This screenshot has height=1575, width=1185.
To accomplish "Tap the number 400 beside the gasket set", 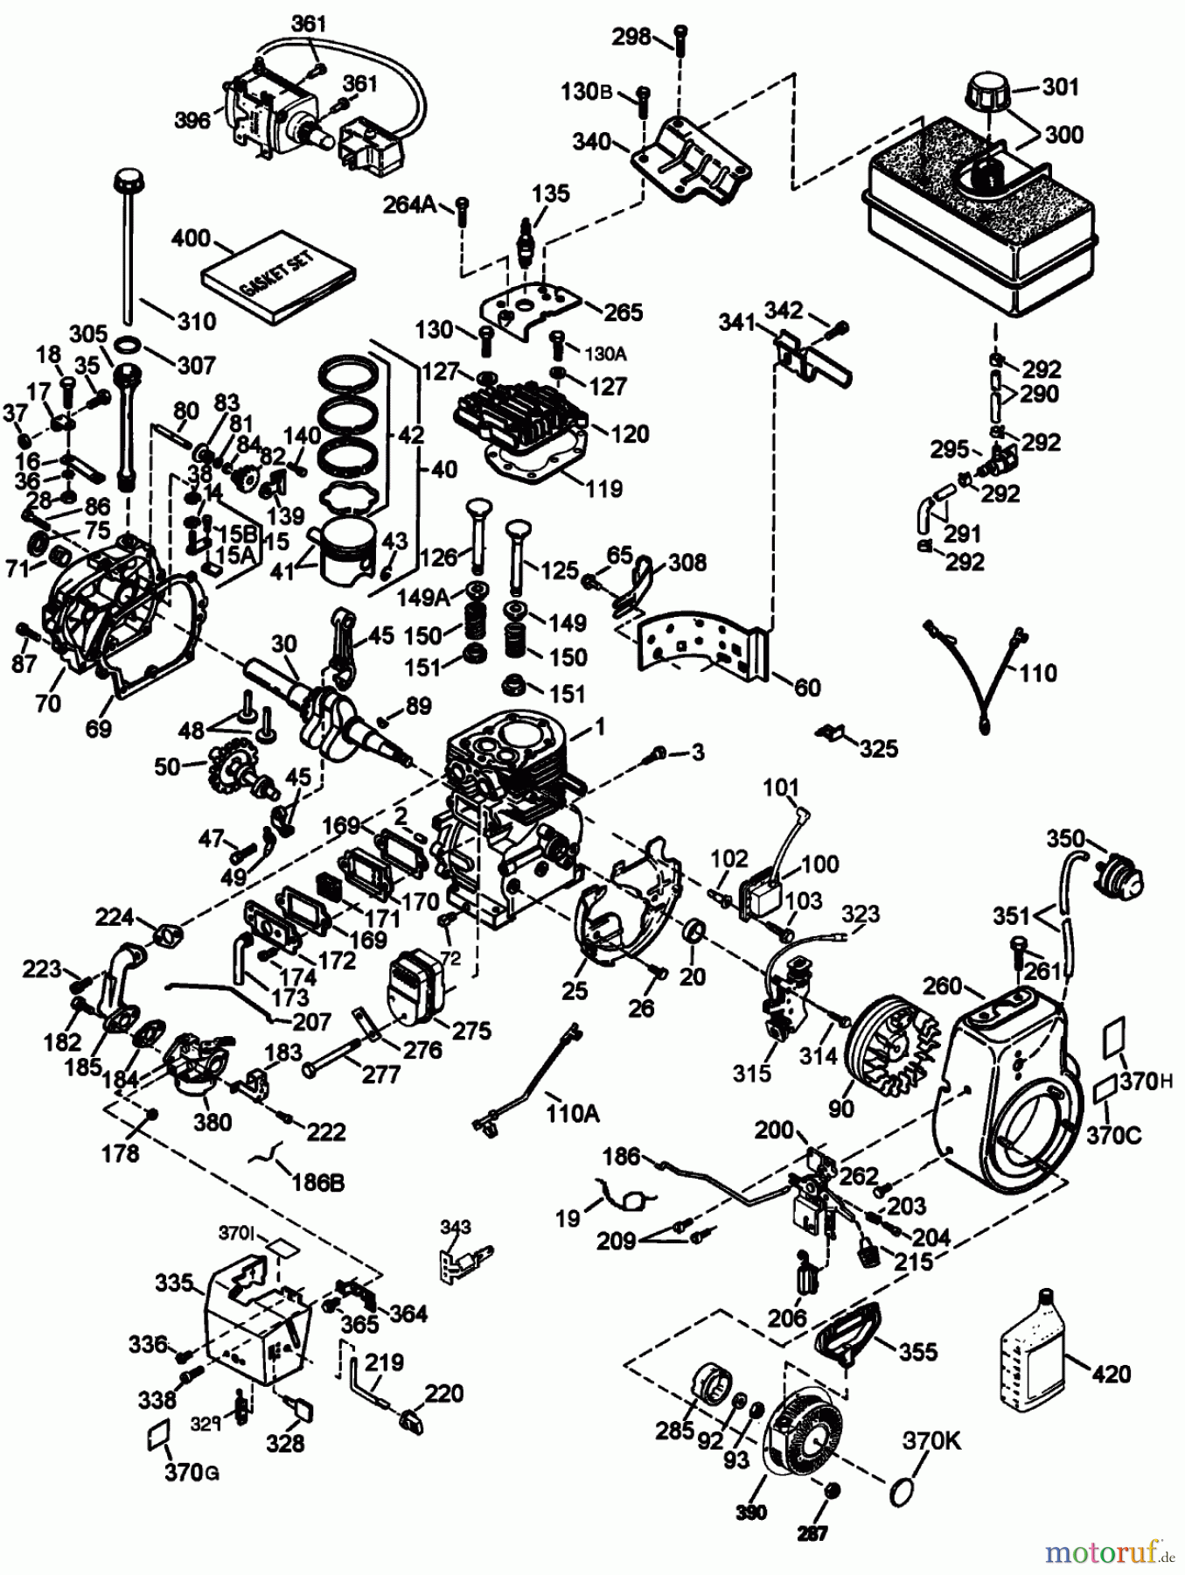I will [x=192, y=238].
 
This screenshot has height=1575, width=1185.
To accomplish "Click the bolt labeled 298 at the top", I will [x=681, y=37].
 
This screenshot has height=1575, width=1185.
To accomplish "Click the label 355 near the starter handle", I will [x=917, y=1351].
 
